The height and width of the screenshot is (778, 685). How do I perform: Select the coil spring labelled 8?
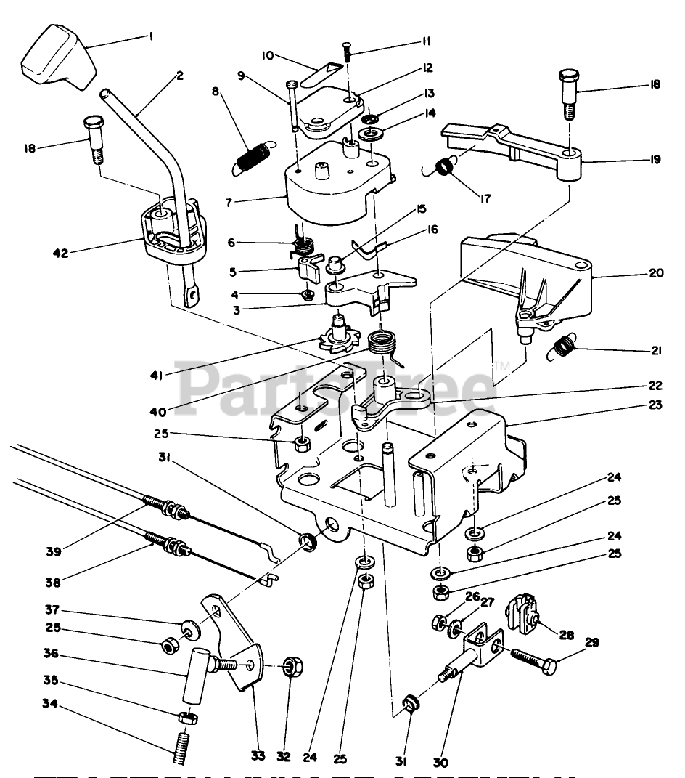pos(251,158)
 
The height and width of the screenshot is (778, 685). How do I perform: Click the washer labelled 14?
pos(376,134)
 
